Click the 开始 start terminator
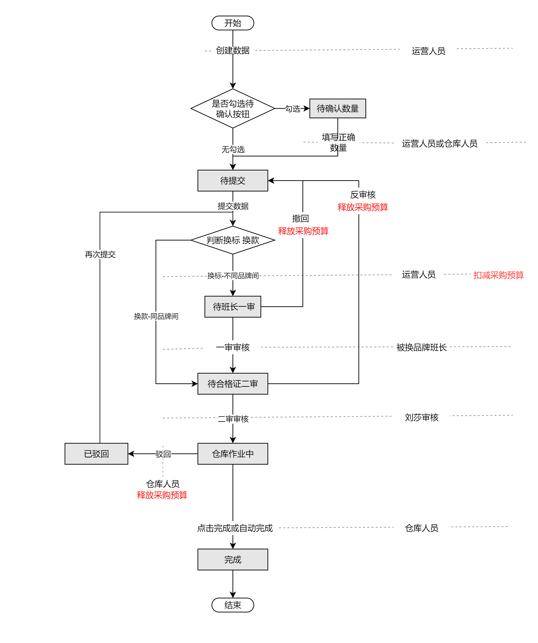coord(233,23)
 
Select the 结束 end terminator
coord(233,605)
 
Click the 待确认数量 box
coord(337,108)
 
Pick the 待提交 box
coord(233,181)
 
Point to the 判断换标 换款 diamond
coord(233,240)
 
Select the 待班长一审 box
coord(233,307)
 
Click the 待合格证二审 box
coord(233,384)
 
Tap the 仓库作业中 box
coord(233,454)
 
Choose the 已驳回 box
coord(96,454)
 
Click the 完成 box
coord(233,559)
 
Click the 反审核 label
coord(363,195)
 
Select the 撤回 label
coord(300,218)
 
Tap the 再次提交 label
coord(100,254)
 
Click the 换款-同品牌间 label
coord(156,316)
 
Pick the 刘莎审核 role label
coord(421,417)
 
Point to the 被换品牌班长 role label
coord(421,347)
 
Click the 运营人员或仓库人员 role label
coord(440,143)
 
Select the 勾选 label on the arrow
coord(293,109)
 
